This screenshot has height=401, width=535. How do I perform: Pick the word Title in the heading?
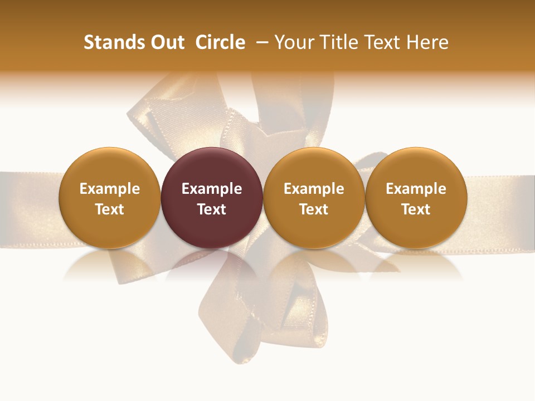338,42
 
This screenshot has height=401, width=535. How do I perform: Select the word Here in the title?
427,42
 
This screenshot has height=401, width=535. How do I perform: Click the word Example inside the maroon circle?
212,189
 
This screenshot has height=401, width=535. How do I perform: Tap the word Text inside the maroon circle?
212,209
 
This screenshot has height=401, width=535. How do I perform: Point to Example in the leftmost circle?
110,189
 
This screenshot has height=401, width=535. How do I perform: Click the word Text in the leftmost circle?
110,209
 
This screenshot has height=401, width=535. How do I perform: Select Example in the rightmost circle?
416,189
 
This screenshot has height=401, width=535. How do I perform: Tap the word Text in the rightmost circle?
416,209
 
